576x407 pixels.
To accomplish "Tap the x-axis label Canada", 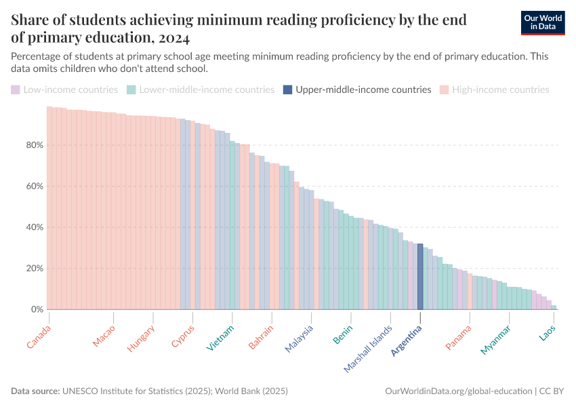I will pos(39,337).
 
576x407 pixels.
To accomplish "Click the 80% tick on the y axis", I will pos(35,145).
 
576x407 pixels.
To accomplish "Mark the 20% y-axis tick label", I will pos(35,269).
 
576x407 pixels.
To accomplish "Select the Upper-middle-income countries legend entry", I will pos(357,90).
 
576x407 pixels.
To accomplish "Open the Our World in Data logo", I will pos(543,22).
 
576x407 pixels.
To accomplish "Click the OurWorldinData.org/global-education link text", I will pos(458,391).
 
